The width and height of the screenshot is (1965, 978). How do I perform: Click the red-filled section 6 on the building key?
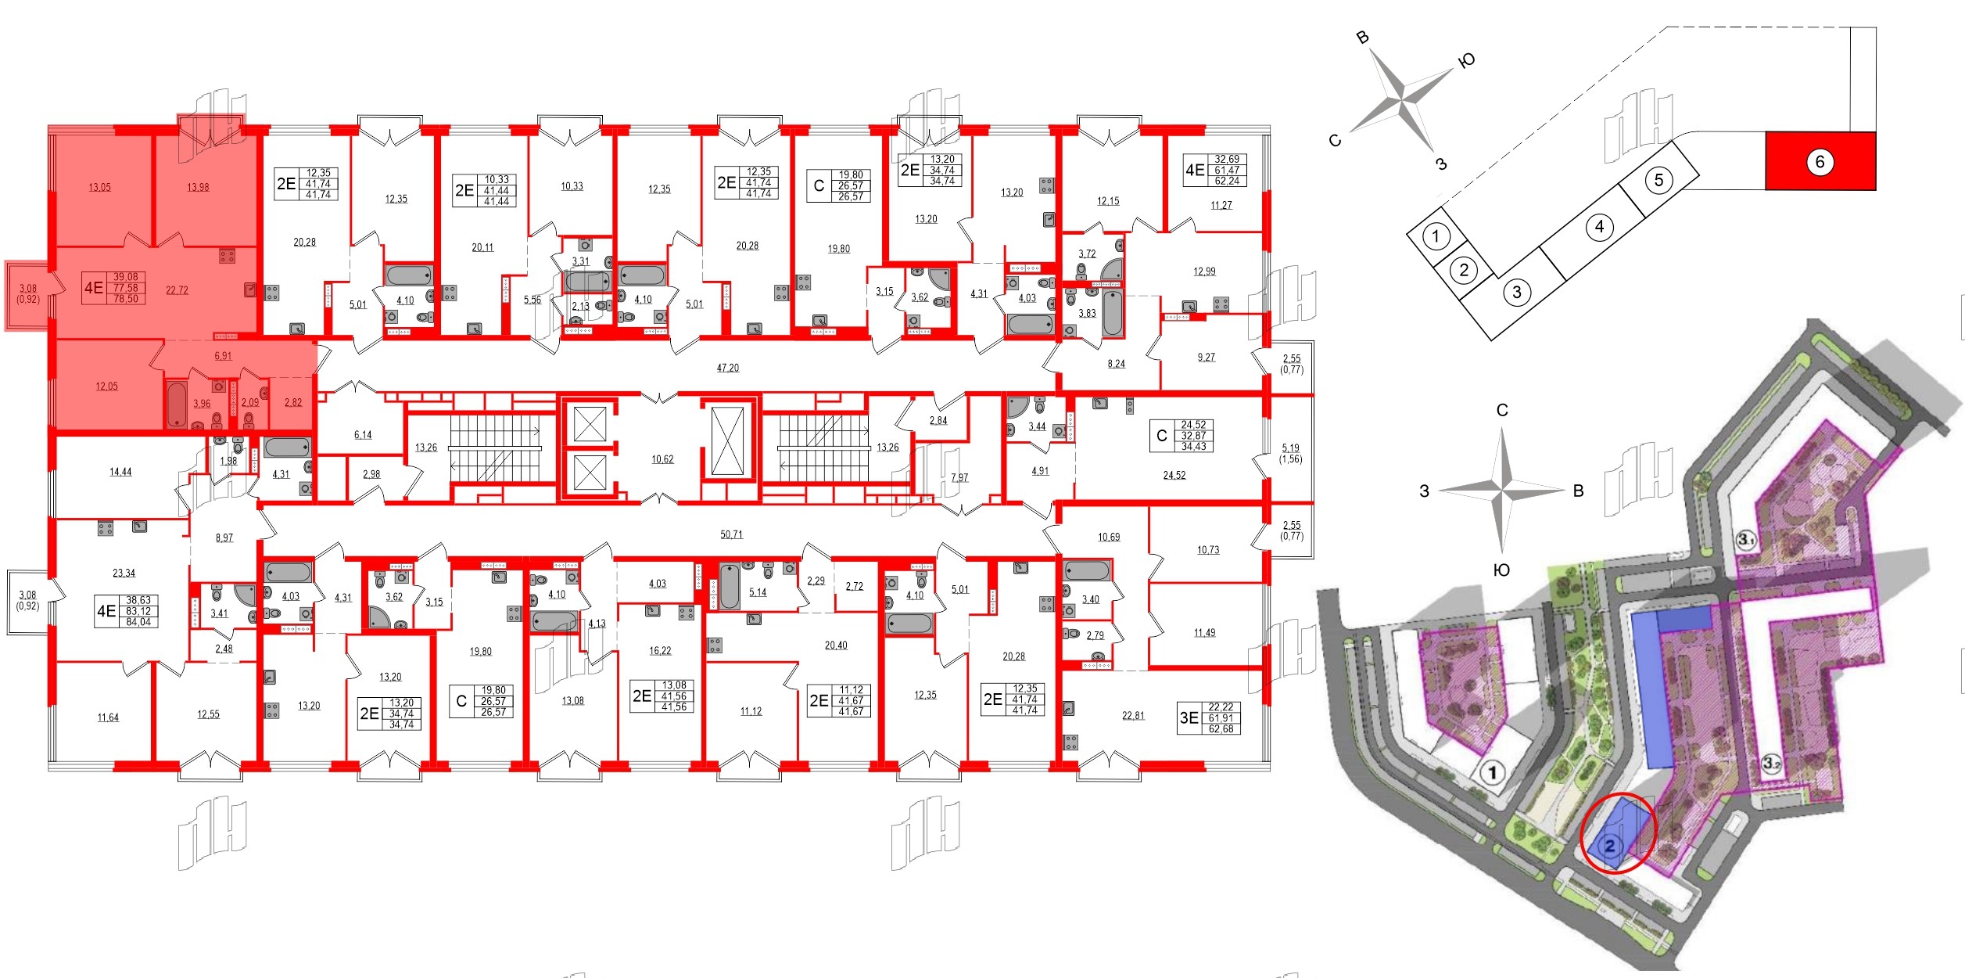(1820, 161)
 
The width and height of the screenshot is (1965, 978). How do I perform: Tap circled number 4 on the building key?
(1599, 227)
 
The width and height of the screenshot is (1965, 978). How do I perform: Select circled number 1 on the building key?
(1436, 235)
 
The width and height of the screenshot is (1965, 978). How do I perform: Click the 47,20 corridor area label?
(727, 368)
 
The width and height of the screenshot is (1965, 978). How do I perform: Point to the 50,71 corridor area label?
(731, 534)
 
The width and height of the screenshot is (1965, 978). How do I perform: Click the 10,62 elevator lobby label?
(662, 459)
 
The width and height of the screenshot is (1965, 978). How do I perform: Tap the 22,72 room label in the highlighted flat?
(177, 290)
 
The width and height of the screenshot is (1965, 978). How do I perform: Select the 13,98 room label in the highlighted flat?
(198, 188)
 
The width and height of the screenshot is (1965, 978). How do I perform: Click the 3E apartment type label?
(1189, 717)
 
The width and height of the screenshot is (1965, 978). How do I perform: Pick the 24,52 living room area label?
(1174, 475)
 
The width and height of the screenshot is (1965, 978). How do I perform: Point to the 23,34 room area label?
(124, 573)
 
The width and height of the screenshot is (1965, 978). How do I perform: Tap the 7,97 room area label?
(959, 477)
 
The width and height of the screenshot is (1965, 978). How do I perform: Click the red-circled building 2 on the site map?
(1611, 846)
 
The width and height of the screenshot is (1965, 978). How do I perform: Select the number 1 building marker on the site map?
(1493, 774)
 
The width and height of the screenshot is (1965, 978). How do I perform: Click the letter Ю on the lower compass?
(1501, 570)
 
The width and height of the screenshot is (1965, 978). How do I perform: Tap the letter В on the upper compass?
(1362, 38)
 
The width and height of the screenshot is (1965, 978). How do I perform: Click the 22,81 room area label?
(1132, 715)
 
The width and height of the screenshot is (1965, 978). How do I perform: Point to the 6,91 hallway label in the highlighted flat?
(223, 356)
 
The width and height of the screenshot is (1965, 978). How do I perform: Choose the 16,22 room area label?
(659, 650)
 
